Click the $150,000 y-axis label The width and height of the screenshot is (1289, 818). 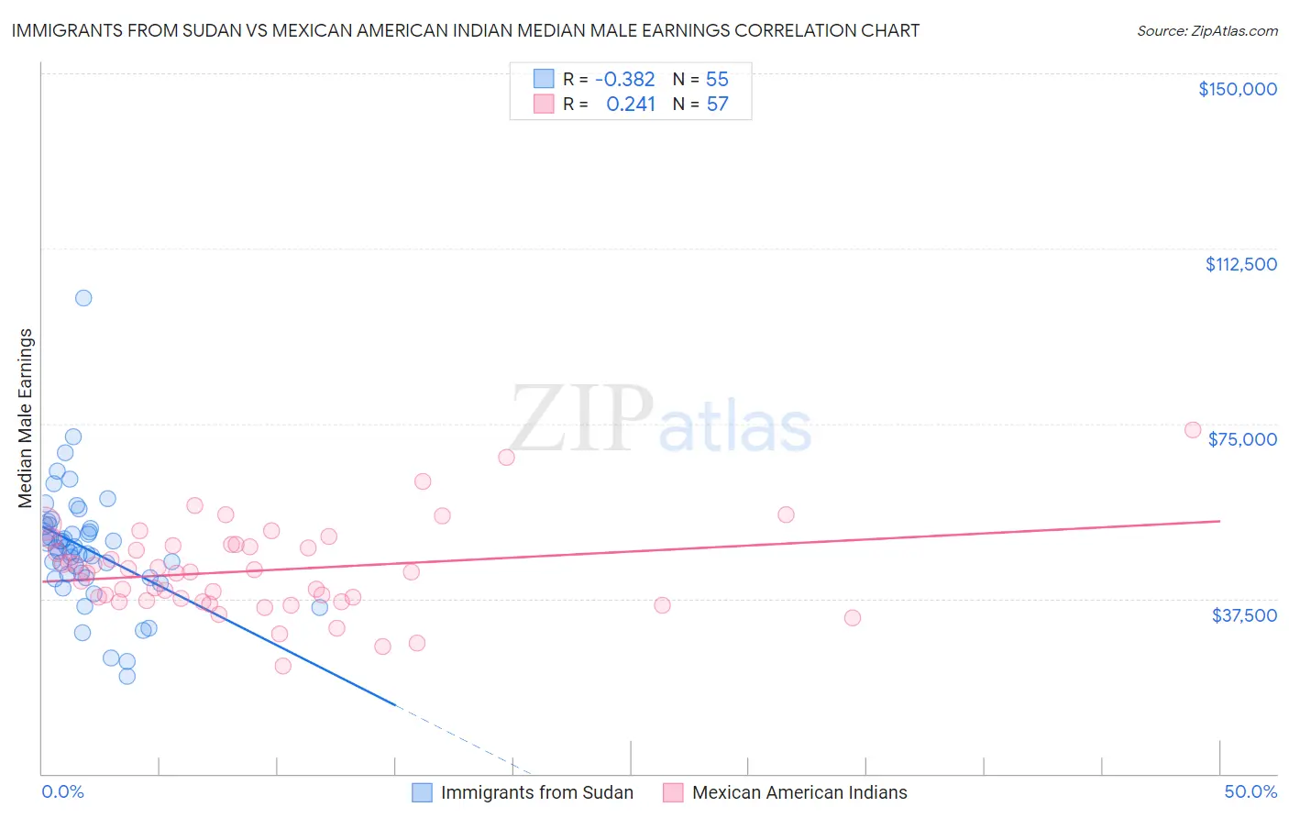pos(1237,89)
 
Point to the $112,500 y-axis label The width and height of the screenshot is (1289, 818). pos(1240,264)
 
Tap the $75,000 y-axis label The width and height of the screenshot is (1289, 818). pos(1242,439)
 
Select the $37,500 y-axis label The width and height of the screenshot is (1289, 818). pos(1244,615)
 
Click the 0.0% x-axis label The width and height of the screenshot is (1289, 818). pos(62,791)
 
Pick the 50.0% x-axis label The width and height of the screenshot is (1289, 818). pos(1250,791)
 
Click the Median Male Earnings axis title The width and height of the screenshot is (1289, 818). pos(26,418)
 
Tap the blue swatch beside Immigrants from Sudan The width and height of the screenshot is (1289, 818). pos(422,792)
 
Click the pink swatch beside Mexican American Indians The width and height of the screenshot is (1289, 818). pos(673,792)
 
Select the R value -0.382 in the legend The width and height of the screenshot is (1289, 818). pos(624,79)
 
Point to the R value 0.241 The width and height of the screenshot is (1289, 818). pos(631,104)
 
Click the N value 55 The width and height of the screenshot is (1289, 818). pos(717,79)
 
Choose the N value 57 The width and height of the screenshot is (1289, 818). pos(717,104)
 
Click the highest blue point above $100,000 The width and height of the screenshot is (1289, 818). pos(83,298)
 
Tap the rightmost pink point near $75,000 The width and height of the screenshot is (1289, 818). pos(1193,430)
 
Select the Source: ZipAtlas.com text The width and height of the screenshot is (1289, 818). pos(1206,30)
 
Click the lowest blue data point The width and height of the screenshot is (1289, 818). pos(127,676)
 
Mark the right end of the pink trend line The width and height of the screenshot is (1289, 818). pos(1220,521)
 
